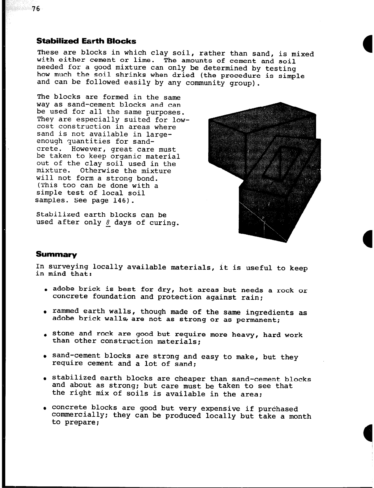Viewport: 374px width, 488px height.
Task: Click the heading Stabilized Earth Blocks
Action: pyautogui.click(x=86, y=41)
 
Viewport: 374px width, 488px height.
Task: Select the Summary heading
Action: pyautogui.click(x=56, y=255)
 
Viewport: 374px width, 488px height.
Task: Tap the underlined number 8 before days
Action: pyautogui.click(x=108, y=222)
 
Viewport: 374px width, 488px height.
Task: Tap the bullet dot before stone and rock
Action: pyautogui.click(x=45, y=334)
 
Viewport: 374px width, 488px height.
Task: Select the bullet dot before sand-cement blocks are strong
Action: pyautogui.click(x=45, y=357)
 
